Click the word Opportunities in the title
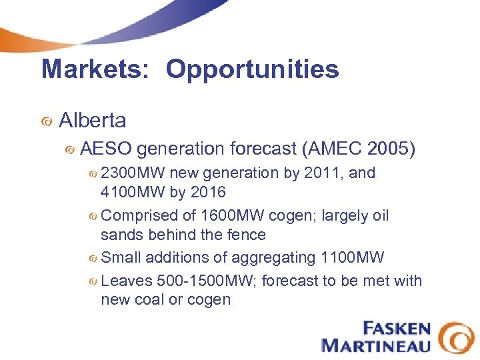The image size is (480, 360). (x=252, y=69)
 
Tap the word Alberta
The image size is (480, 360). (x=92, y=121)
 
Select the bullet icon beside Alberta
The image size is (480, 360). (x=47, y=122)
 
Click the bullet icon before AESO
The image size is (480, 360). (x=69, y=151)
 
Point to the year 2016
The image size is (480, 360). (x=208, y=193)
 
